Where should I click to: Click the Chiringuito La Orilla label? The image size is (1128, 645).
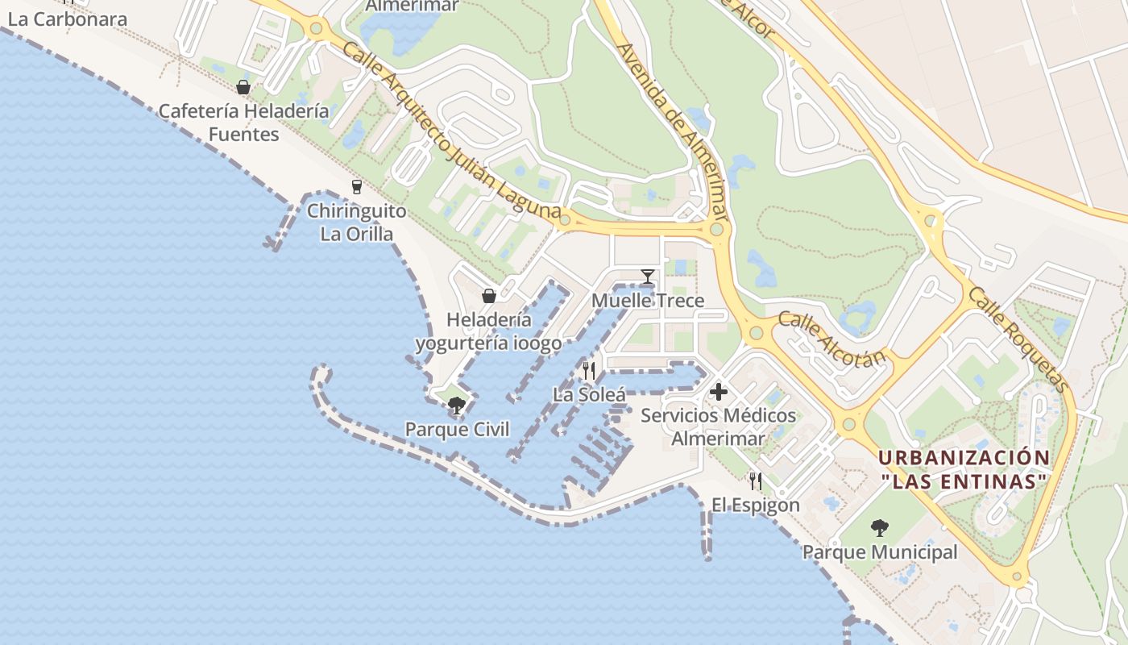(x=356, y=223)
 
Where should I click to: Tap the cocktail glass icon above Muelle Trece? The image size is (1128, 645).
(x=647, y=277)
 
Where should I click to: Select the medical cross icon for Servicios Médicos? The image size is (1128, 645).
(x=718, y=393)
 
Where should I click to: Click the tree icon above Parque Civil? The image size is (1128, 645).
(x=457, y=406)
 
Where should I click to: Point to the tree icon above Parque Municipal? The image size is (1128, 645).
(x=879, y=529)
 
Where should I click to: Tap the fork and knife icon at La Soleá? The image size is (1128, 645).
(x=589, y=371)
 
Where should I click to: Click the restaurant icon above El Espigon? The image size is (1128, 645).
(x=755, y=481)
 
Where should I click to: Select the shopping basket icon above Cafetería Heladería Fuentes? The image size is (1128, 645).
(x=243, y=87)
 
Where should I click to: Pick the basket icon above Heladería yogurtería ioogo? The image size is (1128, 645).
(x=488, y=296)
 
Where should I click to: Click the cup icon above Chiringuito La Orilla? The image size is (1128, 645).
(x=357, y=187)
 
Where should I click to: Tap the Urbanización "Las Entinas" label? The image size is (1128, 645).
(x=964, y=469)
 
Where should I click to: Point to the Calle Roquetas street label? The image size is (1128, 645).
(x=1019, y=339)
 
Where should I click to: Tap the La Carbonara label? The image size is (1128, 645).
(x=68, y=19)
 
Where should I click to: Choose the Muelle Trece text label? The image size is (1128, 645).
(x=648, y=301)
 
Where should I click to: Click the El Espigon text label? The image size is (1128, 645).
(x=755, y=506)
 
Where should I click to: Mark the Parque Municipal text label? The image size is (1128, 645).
(x=880, y=552)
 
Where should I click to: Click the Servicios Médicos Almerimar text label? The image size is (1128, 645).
(x=718, y=427)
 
